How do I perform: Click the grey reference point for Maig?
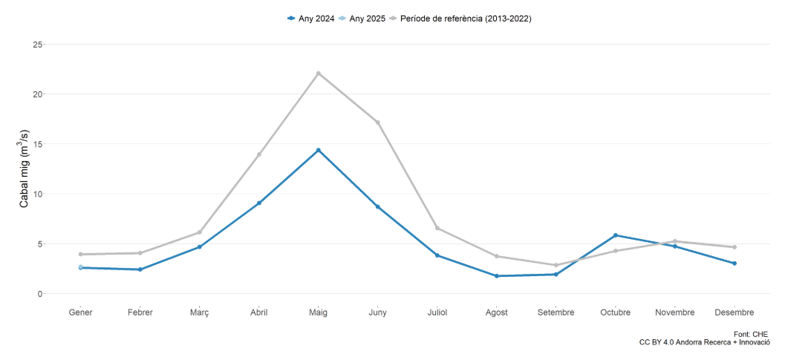(x=319, y=73)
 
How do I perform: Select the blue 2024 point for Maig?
(x=319, y=150)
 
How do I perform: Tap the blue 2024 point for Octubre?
(x=616, y=235)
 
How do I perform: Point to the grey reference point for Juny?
(x=378, y=122)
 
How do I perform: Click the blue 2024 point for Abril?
(x=259, y=203)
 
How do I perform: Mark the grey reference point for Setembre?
(x=556, y=265)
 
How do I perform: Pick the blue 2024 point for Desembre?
(x=734, y=263)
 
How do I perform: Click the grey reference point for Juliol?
(x=437, y=228)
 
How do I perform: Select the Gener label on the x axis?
(x=81, y=312)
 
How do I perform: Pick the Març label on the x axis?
(x=200, y=312)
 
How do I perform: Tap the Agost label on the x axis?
(x=497, y=312)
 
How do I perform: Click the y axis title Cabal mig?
(x=24, y=169)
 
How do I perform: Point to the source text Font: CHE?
(x=751, y=334)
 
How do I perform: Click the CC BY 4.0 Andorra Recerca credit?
(x=705, y=343)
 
